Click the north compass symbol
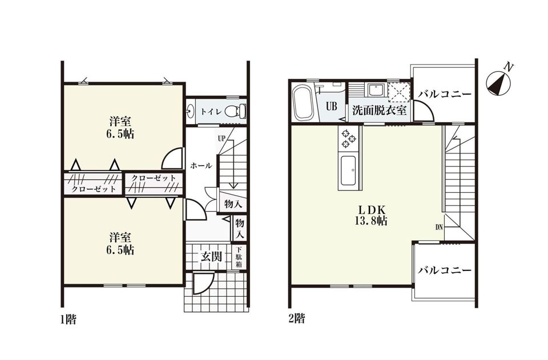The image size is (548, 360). pos(499,82)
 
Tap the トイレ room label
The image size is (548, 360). pos(211,112)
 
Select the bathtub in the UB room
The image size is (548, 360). pos(303,104)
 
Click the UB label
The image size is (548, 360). pos(331,106)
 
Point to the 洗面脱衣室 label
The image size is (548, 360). pos(379,110)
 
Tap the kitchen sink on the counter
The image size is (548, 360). pos(348,172)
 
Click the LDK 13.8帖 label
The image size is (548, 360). pos(373,216)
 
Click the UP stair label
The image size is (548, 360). pos(221,138)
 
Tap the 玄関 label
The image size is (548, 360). pos(211,257)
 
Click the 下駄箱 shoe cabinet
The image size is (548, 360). pos(239,257)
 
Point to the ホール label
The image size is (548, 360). pos(201,166)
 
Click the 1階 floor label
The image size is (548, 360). pos(68,319)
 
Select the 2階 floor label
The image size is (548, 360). pos(296,318)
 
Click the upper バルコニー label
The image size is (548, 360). pos(445,94)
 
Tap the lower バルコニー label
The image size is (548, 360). pos(445,270)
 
